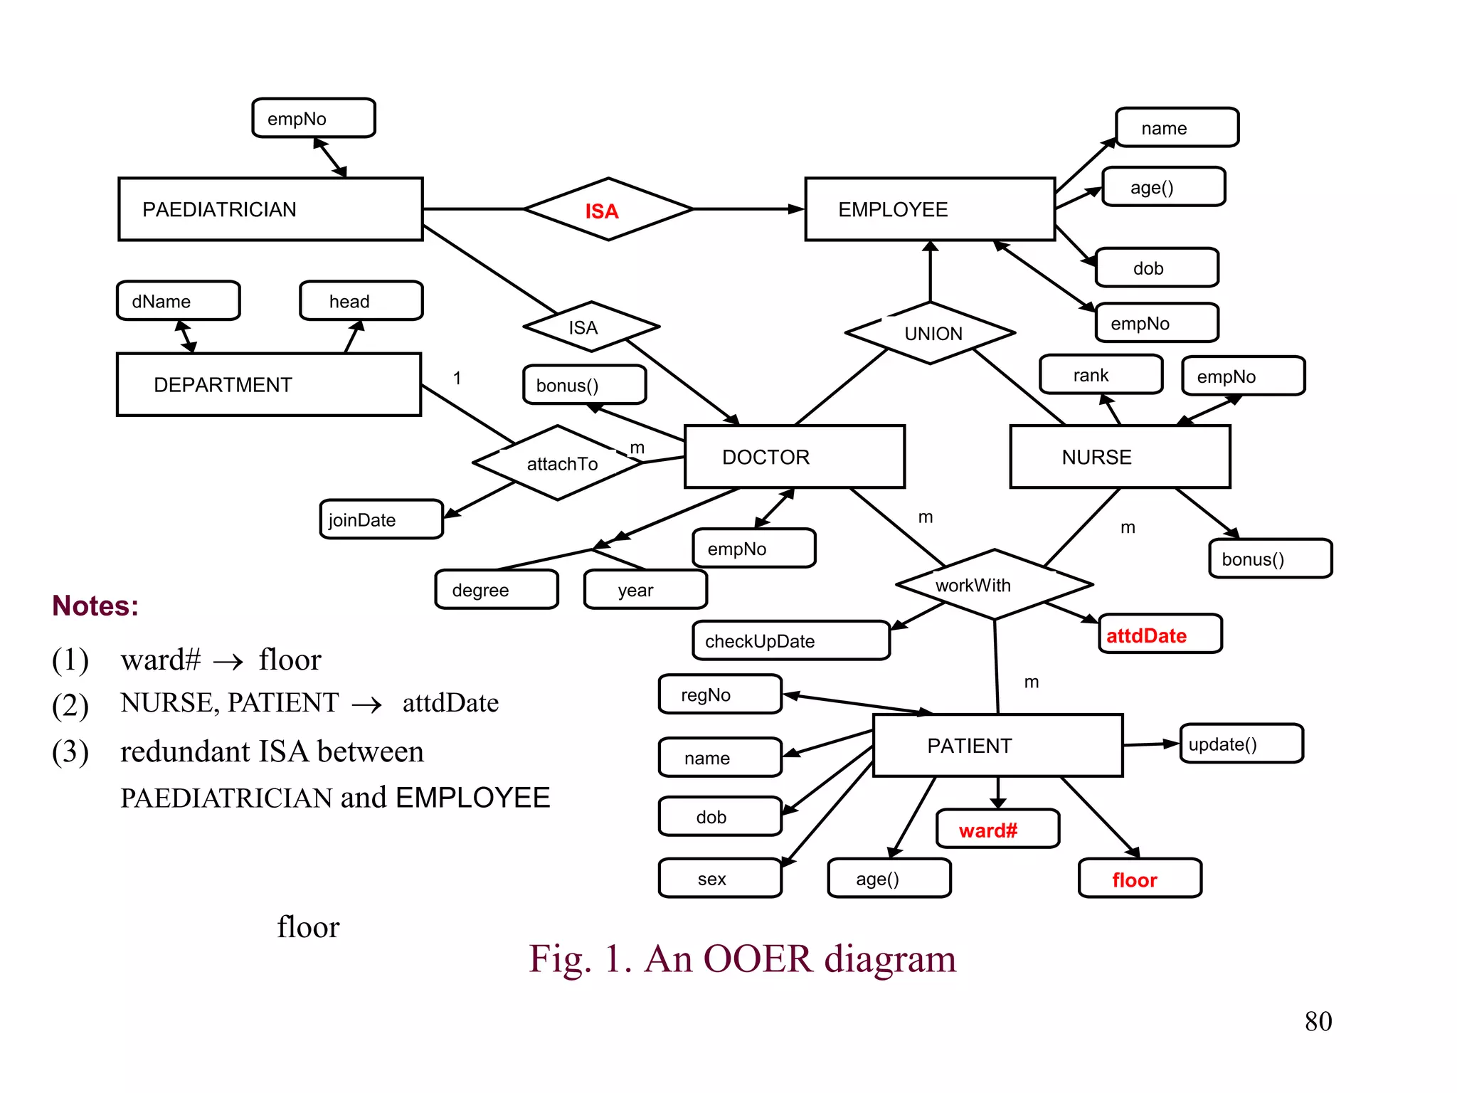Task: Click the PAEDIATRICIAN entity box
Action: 270,209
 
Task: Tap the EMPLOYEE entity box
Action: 929,209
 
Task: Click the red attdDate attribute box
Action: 1160,635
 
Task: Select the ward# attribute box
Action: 997,830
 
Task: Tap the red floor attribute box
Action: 1139,880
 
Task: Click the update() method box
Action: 1241,744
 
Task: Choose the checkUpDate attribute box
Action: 790,641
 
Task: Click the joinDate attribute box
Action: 381,520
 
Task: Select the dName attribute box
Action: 178,301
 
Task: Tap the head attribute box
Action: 361,301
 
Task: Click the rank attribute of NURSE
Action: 1100,375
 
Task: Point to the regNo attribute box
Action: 720,695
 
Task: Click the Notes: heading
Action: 95,606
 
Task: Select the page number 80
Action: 1318,1022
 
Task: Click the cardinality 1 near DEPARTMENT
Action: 457,378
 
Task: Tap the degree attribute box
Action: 496,590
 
